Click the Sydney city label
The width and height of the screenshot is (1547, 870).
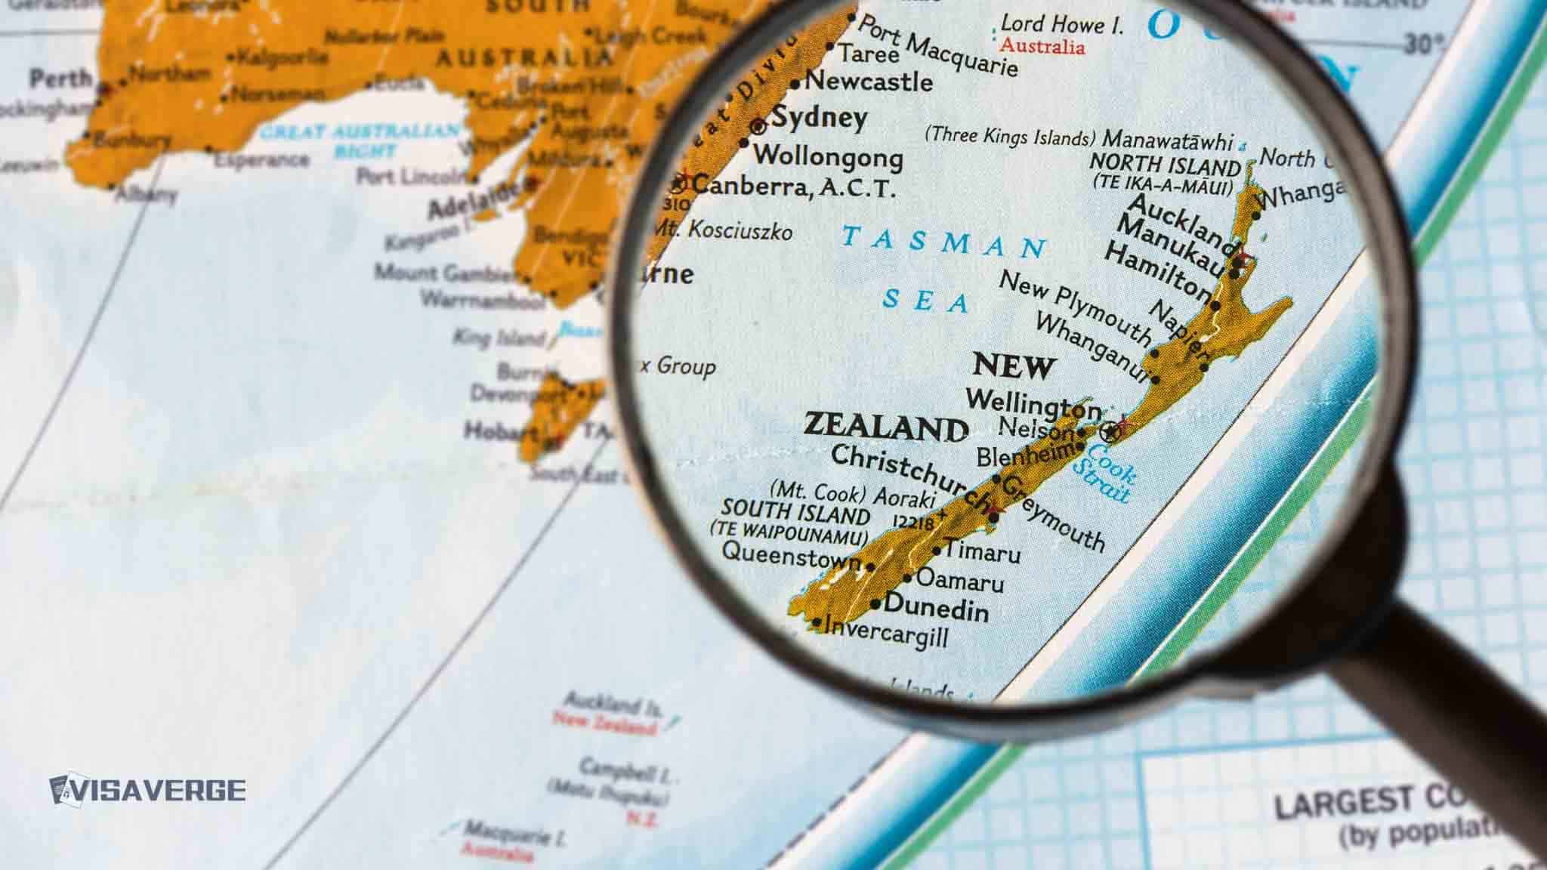[819, 119]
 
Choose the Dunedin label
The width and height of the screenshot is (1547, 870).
[936, 607]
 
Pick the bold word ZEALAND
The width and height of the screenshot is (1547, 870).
[885, 427]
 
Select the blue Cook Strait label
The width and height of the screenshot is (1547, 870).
[1104, 473]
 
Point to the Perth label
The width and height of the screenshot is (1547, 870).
[60, 78]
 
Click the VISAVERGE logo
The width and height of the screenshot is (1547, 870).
[148, 789]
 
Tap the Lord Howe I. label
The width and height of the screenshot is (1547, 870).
[1061, 25]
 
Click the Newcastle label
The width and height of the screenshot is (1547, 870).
[869, 81]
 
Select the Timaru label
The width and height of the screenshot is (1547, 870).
[982, 552]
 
